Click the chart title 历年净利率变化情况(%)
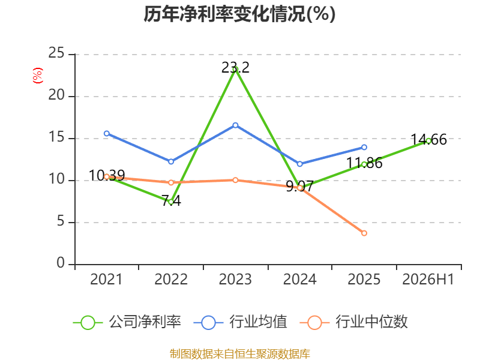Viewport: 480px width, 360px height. point(239,14)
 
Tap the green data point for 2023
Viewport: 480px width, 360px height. point(235,70)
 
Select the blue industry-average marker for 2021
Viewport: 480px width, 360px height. point(107,133)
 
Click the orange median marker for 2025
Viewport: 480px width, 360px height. point(364,233)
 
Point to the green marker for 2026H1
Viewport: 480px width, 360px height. point(428,141)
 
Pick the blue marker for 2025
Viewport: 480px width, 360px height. point(364,147)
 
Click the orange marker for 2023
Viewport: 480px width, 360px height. point(235,180)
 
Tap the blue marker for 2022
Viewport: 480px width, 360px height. point(171,161)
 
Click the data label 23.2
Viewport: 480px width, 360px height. point(235,68)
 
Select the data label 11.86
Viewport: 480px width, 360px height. point(364,163)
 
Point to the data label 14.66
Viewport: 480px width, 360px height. point(428,140)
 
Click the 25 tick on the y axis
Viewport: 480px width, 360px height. point(56,53)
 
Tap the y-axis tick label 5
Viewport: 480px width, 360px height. point(61,221)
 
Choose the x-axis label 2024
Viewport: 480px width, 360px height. point(299,280)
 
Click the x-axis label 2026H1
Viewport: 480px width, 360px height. point(428,280)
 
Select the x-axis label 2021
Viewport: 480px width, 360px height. point(106,280)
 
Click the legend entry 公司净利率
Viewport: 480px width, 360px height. point(127,322)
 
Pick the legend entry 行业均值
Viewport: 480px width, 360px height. point(241,322)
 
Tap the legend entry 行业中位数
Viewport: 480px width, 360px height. point(353,322)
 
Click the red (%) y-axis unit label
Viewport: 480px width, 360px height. point(38,76)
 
